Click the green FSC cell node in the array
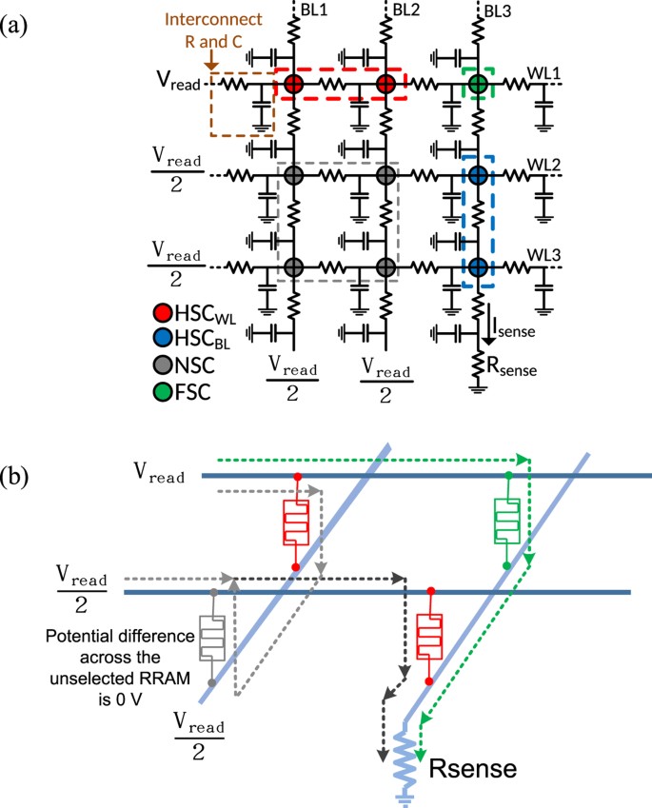coord(478,85)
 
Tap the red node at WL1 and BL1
coord(293,85)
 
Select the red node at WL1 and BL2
coord(385,85)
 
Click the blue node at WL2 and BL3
coord(478,176)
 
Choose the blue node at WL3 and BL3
coord(478,267)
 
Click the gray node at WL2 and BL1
coord(293,176)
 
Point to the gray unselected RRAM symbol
coord(212,638)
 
